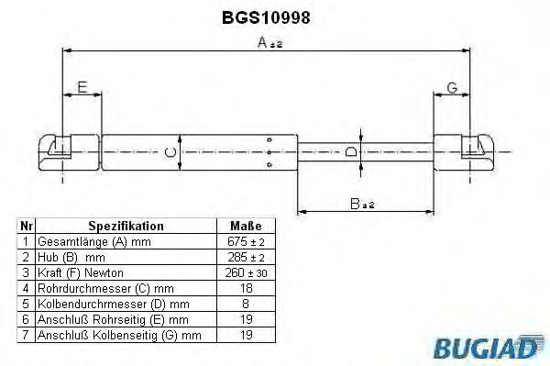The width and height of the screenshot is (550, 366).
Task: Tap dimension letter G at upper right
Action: point(451,88)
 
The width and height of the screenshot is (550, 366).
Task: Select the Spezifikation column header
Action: point(126,226)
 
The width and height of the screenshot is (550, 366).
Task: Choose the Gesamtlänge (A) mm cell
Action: point(92,242)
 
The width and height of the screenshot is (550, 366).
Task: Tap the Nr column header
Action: point(27,226)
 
